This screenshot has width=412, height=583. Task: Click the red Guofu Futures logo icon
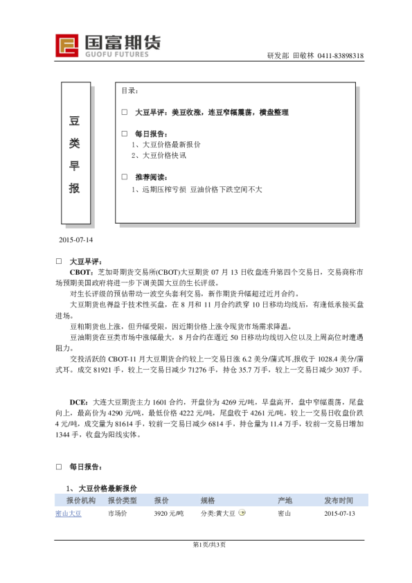(67, 46)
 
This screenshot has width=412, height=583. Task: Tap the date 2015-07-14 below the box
(77, 240)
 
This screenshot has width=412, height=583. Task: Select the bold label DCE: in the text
(78, 402)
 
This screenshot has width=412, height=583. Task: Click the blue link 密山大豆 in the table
(69, 514)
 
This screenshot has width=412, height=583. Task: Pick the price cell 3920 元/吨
(169, 514)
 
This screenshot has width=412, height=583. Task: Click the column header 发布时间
(339, 500)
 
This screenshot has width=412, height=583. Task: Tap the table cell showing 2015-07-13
(339, 514)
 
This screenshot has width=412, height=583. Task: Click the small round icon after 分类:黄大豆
(242, 513)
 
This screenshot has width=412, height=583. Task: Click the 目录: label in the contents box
(130, 91)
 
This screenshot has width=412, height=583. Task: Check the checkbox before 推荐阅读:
(125, 177)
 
